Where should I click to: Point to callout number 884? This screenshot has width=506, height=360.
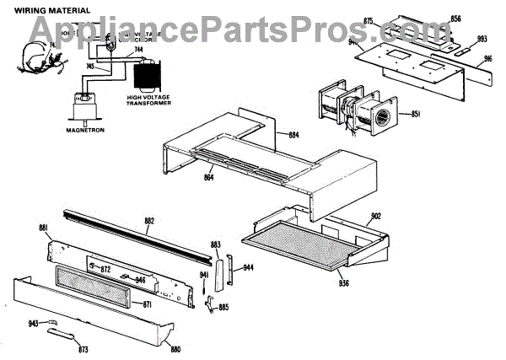point(293,135)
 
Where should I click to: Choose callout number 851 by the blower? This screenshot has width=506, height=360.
point(417,115)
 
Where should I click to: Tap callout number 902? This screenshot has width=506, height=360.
point(375,216)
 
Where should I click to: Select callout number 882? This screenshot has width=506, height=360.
point(149,221)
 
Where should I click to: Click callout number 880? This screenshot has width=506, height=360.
point(175,348)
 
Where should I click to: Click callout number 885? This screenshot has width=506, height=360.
point(223,307)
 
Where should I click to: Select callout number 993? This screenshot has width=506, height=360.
point(482,38)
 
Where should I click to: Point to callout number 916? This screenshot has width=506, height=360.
point(487,60)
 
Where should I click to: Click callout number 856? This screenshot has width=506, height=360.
point(455,18)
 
